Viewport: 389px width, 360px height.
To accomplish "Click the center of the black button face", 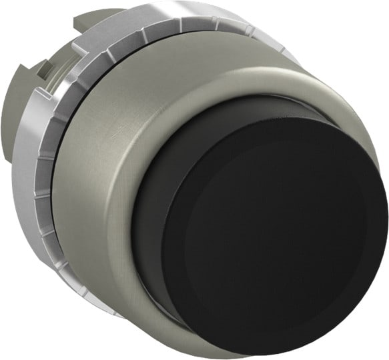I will point(274,237).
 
